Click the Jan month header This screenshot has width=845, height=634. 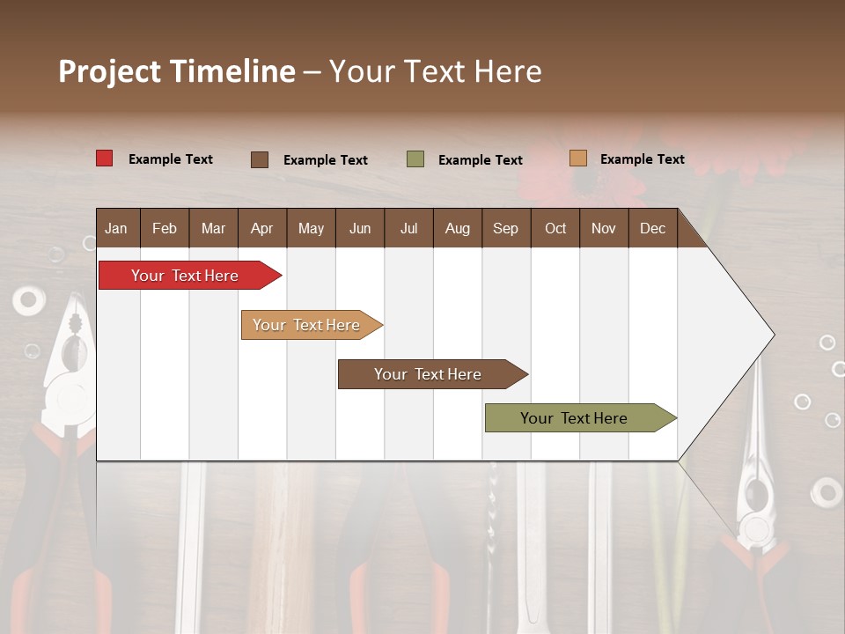pos(117,228)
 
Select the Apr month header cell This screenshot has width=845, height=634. pos(262,228)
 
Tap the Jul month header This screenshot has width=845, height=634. pos(408,228)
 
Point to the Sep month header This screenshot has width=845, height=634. pos(505,228)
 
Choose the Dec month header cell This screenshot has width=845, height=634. pos(652,228)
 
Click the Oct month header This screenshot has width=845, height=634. pos(555,228)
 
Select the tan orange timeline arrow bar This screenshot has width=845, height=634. pos(308,325)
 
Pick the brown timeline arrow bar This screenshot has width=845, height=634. pos(430,374)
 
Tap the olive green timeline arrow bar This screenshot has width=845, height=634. pos(577,418)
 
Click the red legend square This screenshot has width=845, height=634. pos(104,158)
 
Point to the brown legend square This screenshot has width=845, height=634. pos(259,159)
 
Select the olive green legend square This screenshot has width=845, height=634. pos(415,159)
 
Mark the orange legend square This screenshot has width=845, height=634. pos(577,158)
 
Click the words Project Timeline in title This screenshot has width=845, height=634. pos(176,71)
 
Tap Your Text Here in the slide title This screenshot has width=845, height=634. pos(436,71)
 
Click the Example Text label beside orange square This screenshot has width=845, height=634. pos(642,159)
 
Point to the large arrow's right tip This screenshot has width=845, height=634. pos(772,335)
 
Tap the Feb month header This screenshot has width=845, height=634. pos(165,228)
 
